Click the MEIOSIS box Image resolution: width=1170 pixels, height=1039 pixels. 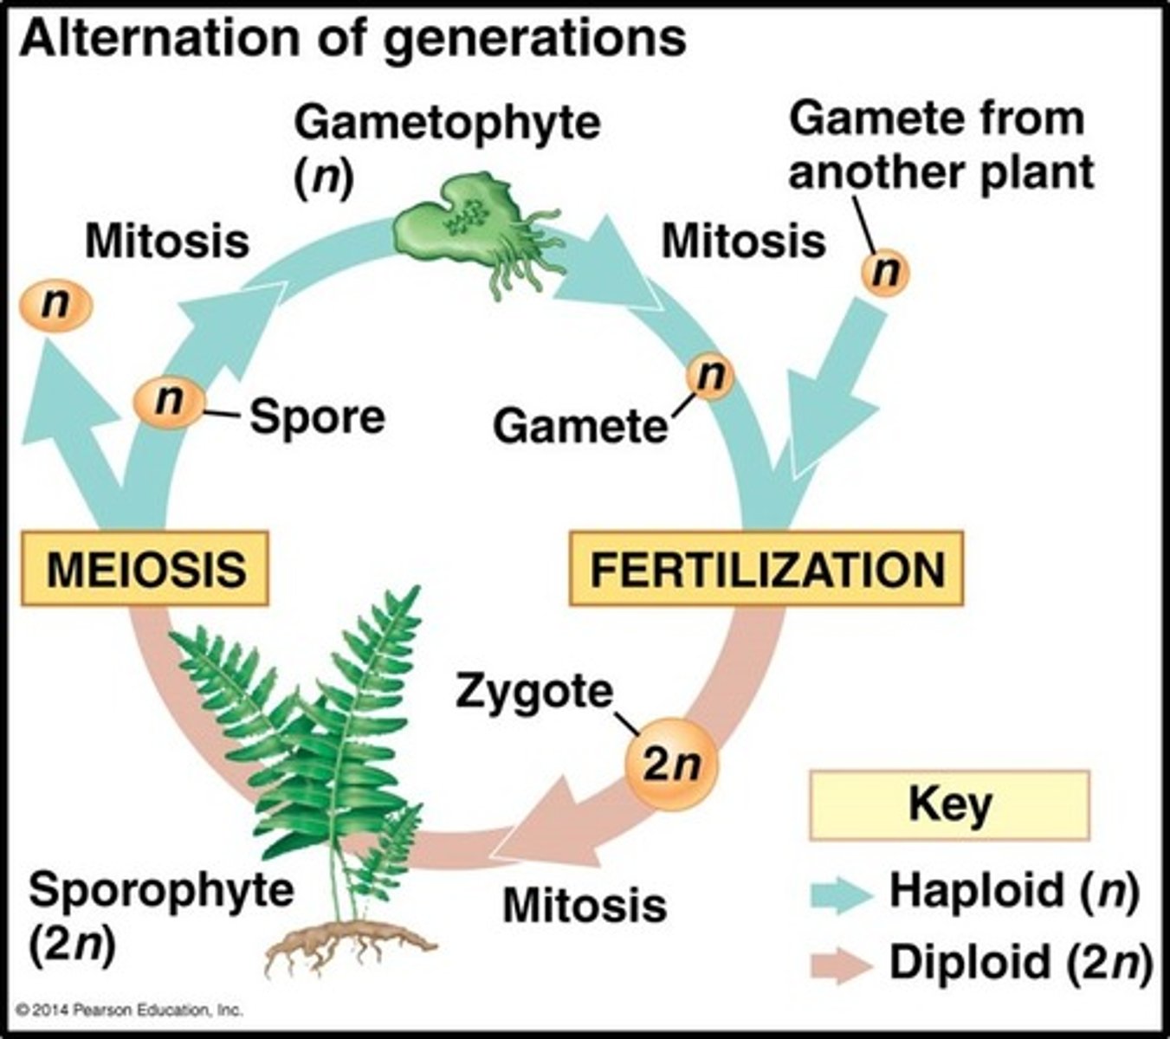click(x=145, y=569)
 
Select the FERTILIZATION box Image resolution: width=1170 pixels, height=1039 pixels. click(x=766, y=569)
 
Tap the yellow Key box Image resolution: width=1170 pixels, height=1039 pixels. click(x=949, y=805)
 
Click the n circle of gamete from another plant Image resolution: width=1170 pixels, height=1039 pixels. click(x=885, y=272)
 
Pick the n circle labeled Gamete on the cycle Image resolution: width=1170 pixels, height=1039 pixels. click(x=710, y=378)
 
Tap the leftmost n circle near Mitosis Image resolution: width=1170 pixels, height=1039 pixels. click(x=55, y=306)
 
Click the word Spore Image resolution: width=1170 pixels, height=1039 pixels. click(x=317, y=417)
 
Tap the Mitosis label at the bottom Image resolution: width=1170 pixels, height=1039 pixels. click(x=585, y=906)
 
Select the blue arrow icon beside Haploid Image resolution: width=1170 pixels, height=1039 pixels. click(x=840, y=893)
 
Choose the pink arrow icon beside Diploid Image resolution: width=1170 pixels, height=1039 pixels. click(x=840, y=965)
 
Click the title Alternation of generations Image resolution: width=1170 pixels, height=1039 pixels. click(x=352, y=39)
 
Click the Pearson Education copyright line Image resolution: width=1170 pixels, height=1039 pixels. click(x=130, y=1010)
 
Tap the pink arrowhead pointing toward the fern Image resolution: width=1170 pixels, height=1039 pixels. click(x=541, y=827)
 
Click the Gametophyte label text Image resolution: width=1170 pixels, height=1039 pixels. click(x=447, y=123)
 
